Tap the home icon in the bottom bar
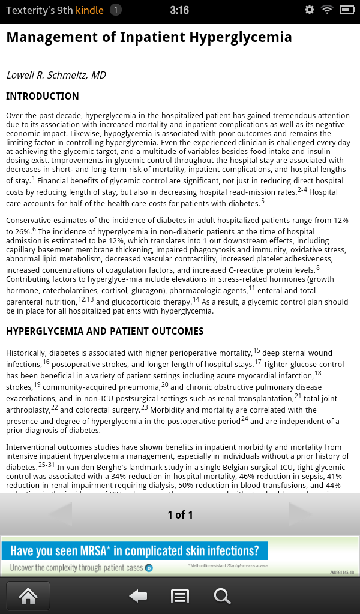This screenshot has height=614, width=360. click(x=28, y=595)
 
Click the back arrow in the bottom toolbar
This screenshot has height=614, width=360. click(x=139, y=595)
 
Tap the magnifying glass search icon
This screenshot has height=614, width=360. click(x=222, y=595)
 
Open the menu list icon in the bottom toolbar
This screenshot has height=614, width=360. click(x=180, y=595)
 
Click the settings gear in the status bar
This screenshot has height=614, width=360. click(x=310, y=10)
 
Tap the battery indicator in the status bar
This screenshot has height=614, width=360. click(x=347, y=10)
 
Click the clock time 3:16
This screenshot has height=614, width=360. click(x=179, y=10)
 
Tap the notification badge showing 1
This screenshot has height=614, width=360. click(x=116, y=10)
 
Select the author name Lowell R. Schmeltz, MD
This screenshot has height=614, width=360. click(x=56, y=75)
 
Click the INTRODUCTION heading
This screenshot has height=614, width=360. click(x=42, y=96)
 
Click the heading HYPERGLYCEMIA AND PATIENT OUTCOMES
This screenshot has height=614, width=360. click(x=104, y=331)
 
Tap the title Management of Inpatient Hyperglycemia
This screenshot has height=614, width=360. click(x=149, y=37)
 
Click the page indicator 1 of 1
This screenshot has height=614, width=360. click(x=180, y=514)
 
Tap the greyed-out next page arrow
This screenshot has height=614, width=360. click(x=300, y=514)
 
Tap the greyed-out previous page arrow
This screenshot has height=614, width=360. click(x=60, y=514)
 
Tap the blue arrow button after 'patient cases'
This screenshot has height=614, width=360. click(x=149, y=567)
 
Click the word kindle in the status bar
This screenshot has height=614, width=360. click(x=89, y=10)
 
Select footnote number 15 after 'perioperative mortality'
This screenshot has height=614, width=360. click(x=257, y=351)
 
